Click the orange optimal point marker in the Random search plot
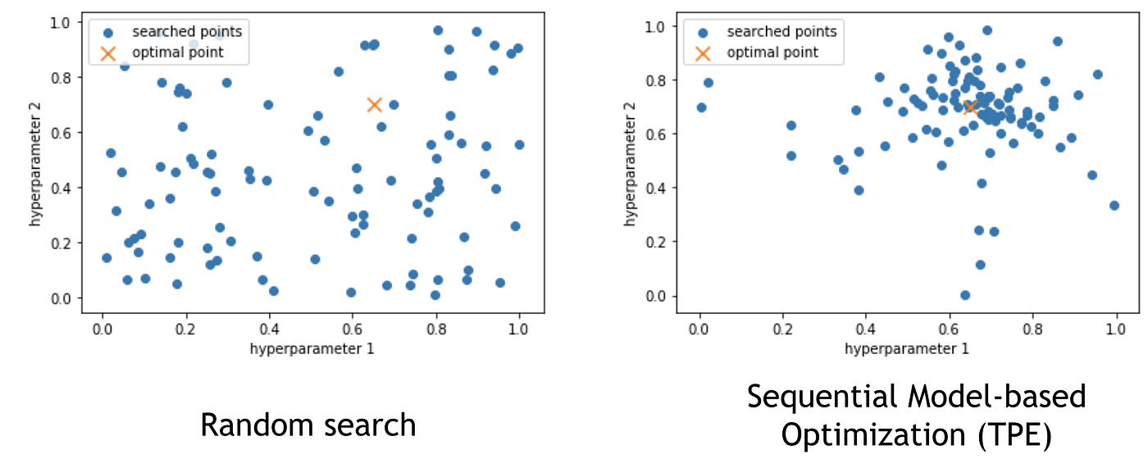pos(374,104)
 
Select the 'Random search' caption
pos(308,425)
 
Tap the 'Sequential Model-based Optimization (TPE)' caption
pos(916,415)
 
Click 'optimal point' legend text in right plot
pos(772,52)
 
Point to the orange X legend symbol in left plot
pos(107,53)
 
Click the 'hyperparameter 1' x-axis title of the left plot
pos(309,347)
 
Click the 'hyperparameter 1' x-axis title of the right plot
pos(906,348)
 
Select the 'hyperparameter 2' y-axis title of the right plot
pos(631,161)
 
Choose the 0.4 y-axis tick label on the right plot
pos(654,188)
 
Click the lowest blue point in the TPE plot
pos(965,295)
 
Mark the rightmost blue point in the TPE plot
pos(1114,205)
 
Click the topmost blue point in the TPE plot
pos(987,30)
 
